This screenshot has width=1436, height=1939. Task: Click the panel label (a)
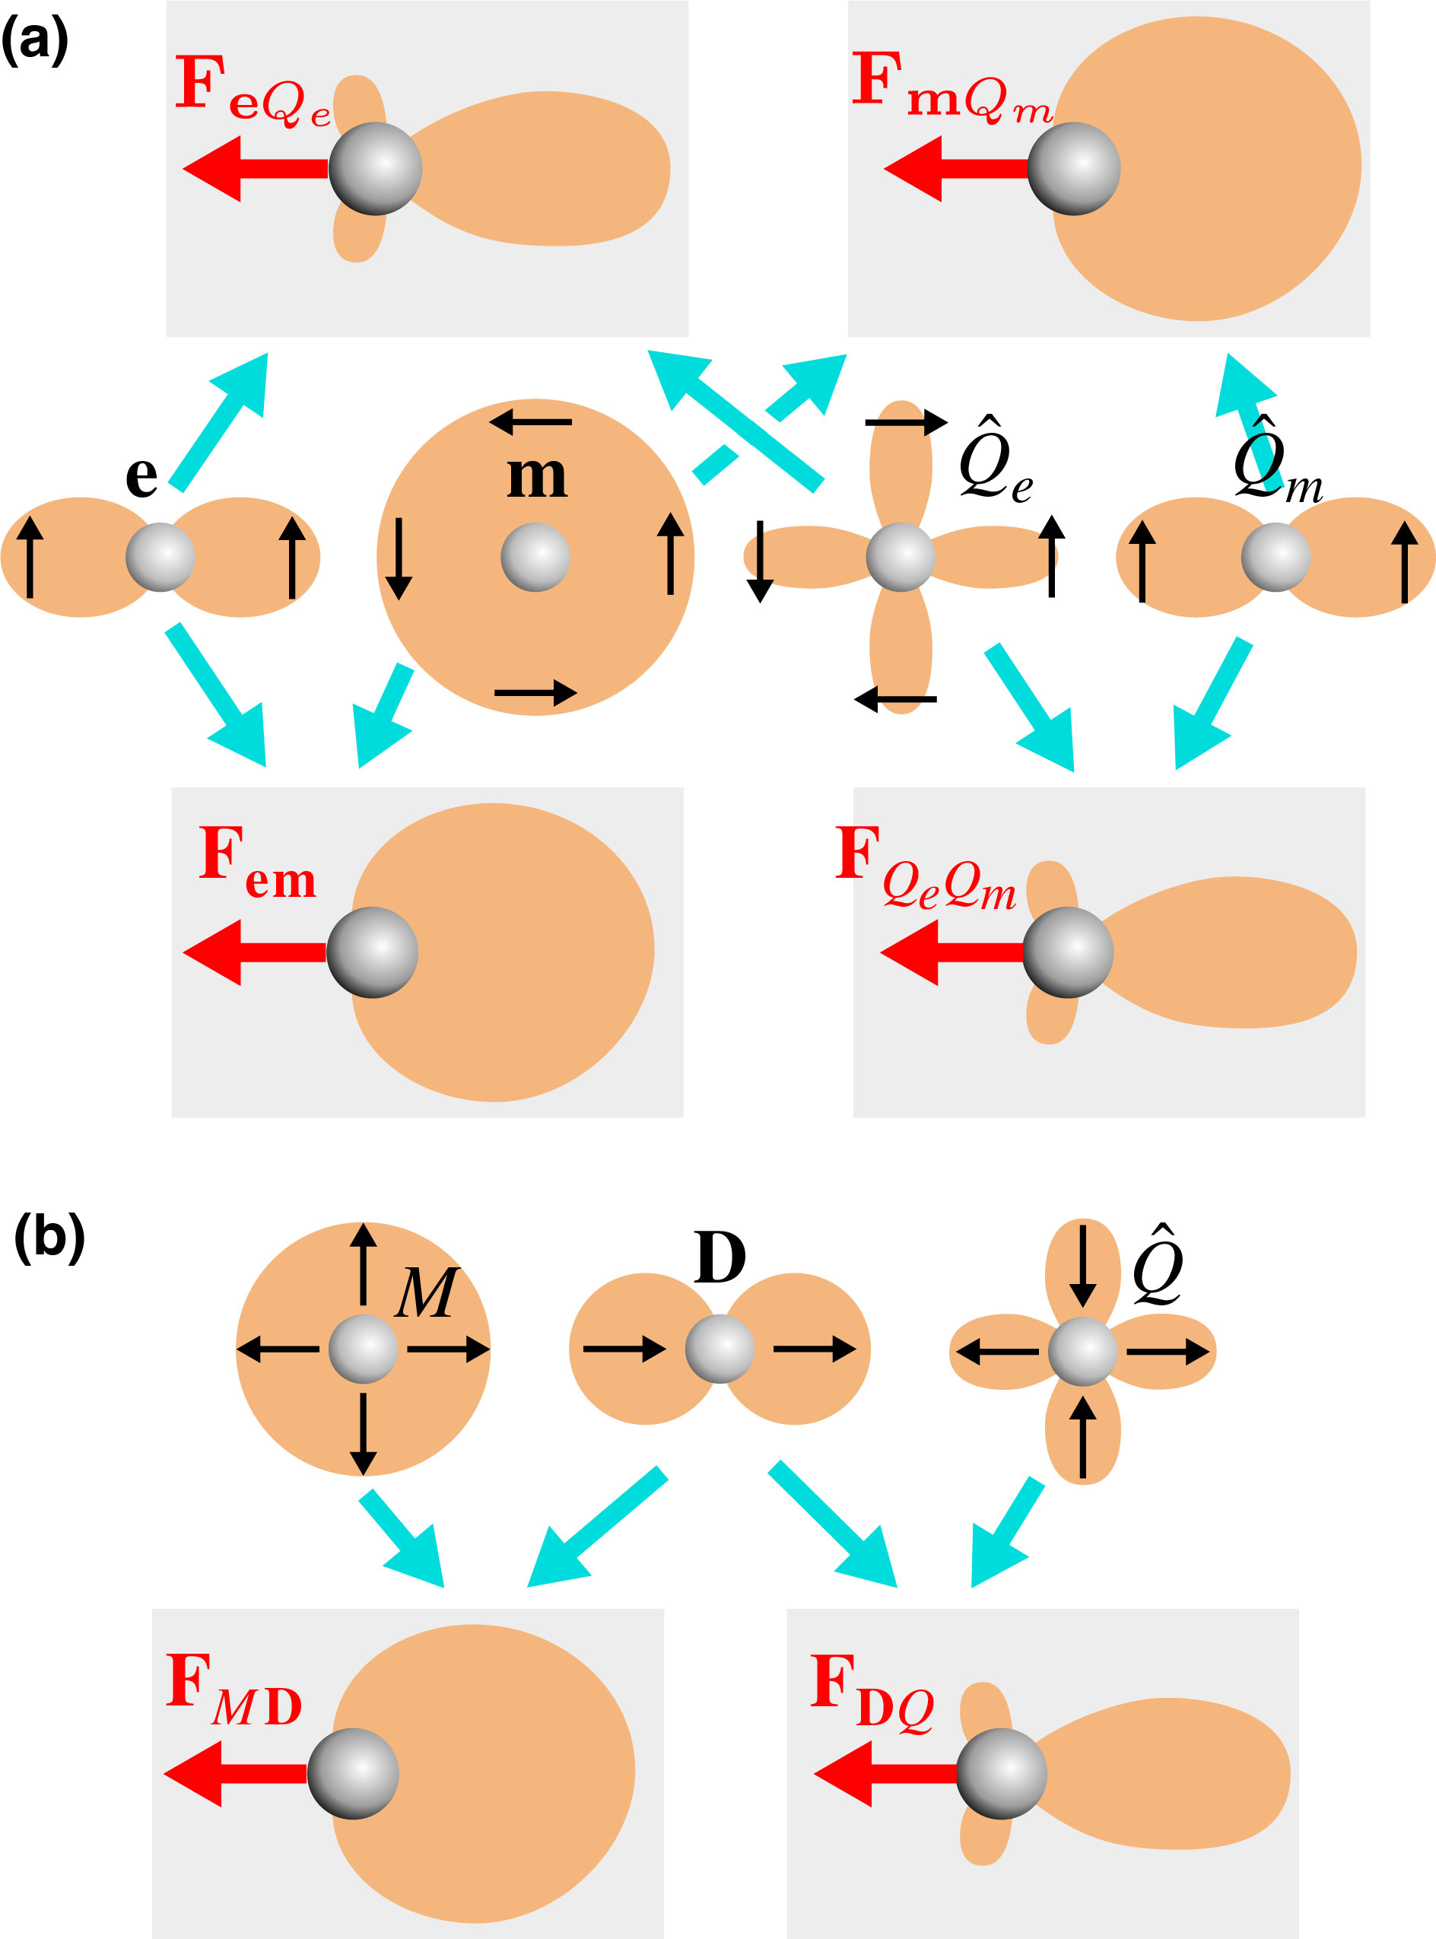[x=34, y=40]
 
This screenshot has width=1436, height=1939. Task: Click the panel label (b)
[x=49, y=1238]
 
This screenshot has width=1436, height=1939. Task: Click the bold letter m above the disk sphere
[x=537, y=476]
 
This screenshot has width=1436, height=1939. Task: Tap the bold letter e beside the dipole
[x=141, y=475]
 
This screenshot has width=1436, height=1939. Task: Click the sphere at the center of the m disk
[x=535, y=557]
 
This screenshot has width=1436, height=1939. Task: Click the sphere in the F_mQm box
[x=1073, y=169]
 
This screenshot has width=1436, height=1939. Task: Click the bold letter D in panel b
[x=720, y=1257]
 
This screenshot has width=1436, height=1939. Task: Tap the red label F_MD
[x=234, y=1690]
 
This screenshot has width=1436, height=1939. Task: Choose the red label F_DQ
[x=872, y=1690]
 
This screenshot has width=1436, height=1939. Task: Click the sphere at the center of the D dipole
[x=720, y=1349]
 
